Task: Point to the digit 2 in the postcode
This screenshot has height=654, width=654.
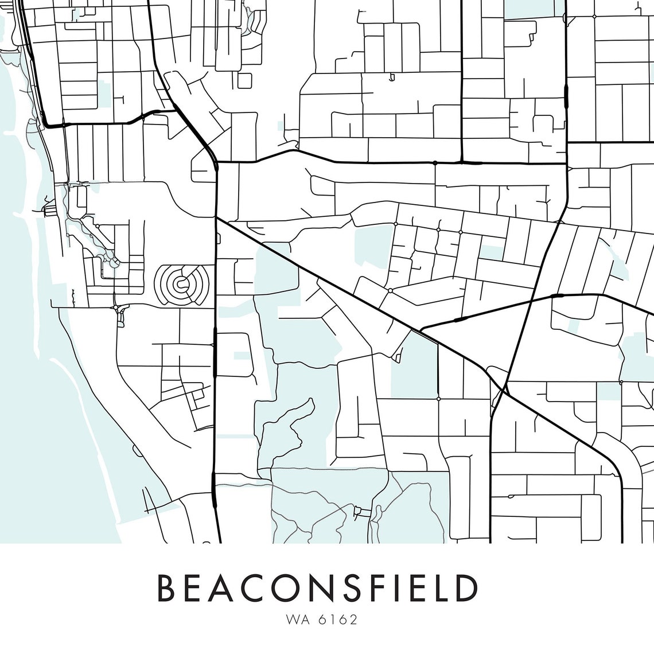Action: point(354,620)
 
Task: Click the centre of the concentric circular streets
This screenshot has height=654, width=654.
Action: point(181,282)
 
